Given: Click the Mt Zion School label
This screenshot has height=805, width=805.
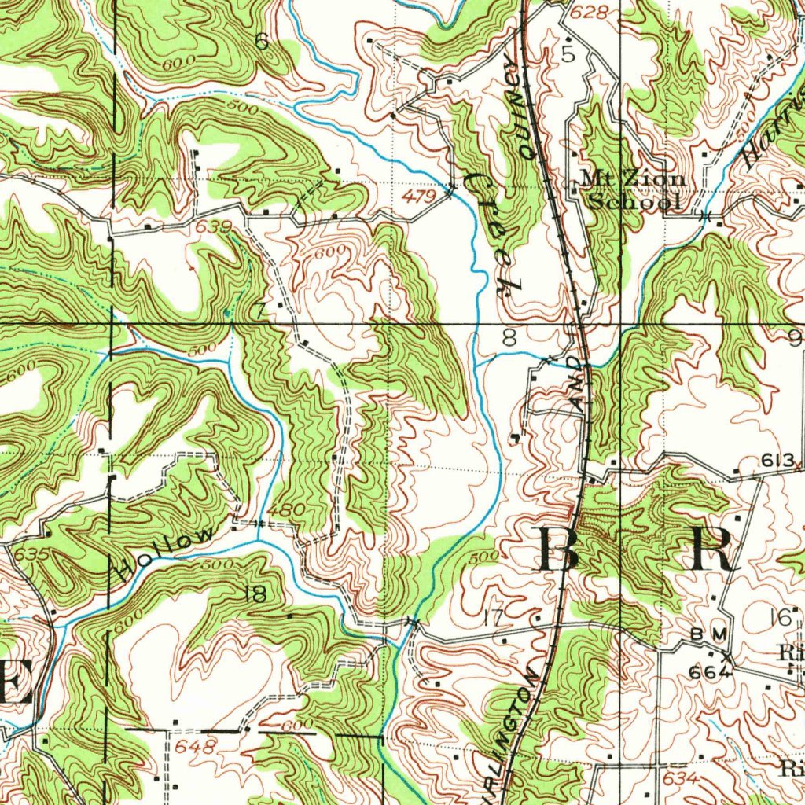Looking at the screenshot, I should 632,190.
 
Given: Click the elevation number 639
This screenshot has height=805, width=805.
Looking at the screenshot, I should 215,227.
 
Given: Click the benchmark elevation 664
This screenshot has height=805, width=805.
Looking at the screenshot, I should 710,673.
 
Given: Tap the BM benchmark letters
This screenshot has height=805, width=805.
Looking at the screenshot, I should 704,634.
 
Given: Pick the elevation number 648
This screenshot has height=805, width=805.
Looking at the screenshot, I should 196,746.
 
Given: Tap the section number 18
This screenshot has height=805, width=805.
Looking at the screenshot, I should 255,595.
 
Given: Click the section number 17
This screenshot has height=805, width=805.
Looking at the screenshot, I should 493,619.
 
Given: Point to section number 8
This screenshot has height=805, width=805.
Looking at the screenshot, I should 509,339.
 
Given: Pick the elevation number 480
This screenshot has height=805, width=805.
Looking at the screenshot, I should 285,510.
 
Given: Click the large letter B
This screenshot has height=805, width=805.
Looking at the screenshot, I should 560,551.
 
